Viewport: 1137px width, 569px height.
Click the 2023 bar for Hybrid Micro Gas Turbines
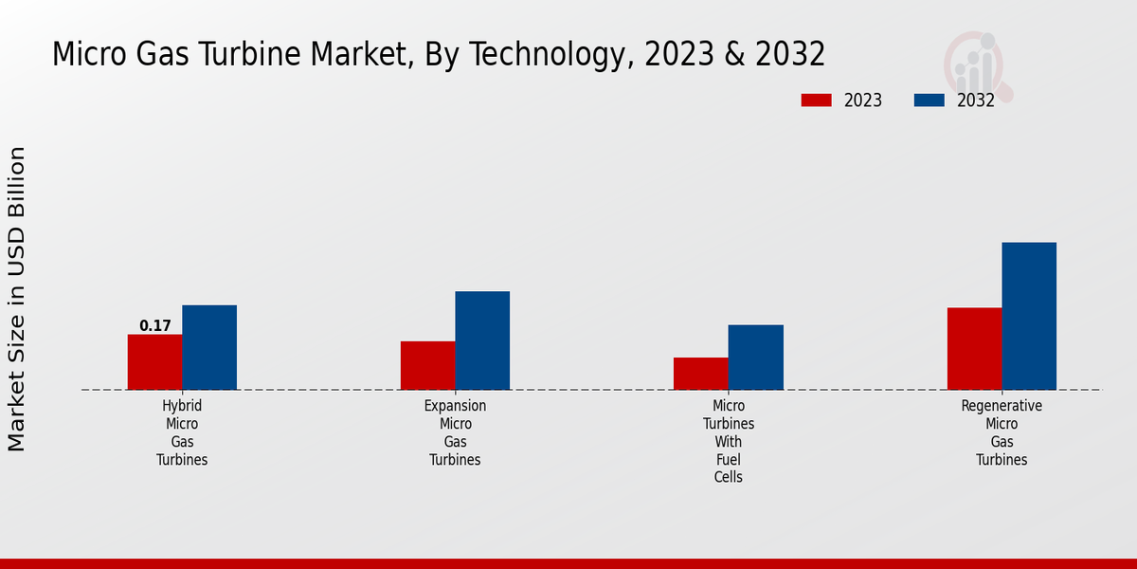click(x=154, y=362)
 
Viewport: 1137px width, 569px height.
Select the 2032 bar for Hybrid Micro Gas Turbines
click(x=209, y=347)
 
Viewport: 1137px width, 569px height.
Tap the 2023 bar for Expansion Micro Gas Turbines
click(x=427, y=365)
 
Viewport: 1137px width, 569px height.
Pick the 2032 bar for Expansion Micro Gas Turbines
click(x=482, y=340)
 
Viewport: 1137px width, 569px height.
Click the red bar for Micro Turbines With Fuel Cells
click(x=701, y=374)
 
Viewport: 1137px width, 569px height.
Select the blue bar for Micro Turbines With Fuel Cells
click(x=755, y=358)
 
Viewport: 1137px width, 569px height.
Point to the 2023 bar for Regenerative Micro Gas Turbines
click(x=974, y=349)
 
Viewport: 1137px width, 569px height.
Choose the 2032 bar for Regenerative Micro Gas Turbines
click(x=1029, y=316)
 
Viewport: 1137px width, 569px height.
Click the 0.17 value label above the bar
click(x=155, y=326)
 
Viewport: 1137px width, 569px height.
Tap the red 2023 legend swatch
click(x=816, y=101)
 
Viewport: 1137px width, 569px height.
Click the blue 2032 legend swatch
click(x=929, y=101)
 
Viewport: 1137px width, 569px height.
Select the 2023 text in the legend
click(x=863, y=101)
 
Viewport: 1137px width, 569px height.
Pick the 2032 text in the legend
click(x=976, y=101)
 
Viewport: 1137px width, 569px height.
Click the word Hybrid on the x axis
click(x=182, y=406)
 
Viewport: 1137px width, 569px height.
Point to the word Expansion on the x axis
click(x=455, y=406)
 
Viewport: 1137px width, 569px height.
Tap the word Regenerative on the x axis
click(x=1002, y=406)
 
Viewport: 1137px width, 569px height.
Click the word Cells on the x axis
click(x=729, y=478)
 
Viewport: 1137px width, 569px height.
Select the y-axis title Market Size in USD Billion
click(x=18, y=299)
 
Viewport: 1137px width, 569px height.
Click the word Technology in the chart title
click(x=551, y=55)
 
